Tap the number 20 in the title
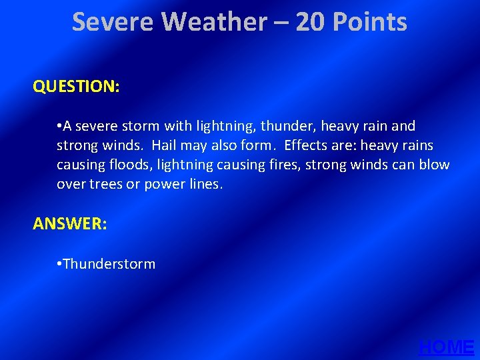[x=311, y=23]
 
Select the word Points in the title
[x=370, y=23]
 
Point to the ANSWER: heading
[x=70, y=224]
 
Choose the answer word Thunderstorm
[x=109, y=264]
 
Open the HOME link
[x=447, y=347]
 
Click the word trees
[x=105, y=184]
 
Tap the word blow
[x=435, y=165]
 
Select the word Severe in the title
[x=113, y=23]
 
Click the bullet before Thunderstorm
[x=59, y=264]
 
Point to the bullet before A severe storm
[x=59, y=126]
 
